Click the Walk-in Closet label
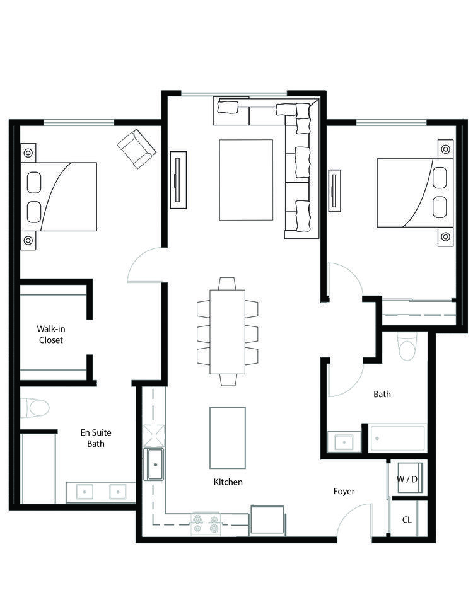51,335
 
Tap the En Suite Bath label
96,438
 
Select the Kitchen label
228,482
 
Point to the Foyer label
344,492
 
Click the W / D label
407,479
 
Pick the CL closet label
407,520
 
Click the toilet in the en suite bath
35,408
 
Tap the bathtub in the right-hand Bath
397,438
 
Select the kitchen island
228,437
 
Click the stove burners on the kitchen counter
206,524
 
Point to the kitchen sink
155,465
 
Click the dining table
228,332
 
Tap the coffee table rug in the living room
246,180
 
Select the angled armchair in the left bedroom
136,149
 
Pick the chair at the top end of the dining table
227,284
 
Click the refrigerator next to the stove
267,520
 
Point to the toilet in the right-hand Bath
407,347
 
